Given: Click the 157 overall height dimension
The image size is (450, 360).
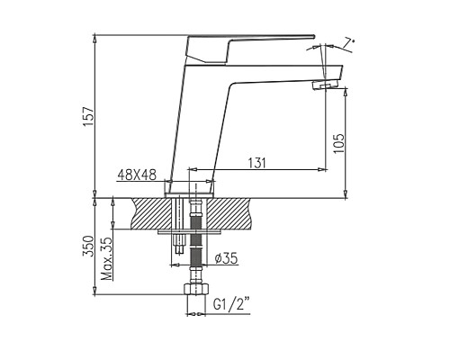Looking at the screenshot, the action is point(88,116).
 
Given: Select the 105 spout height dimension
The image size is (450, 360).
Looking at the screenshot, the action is point(339,143).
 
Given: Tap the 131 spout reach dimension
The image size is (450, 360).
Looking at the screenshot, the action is point(256,163).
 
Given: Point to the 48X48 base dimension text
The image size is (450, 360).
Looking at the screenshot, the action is point(137,175).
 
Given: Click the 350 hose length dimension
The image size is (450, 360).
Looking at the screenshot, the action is point(88,246).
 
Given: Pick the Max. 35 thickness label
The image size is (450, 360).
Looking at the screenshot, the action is point(107,258).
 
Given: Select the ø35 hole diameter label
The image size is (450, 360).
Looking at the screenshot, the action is point(227,258).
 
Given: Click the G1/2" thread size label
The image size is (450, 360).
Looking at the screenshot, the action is point(231,304).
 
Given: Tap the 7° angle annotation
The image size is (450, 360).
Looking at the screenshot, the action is point(349,42).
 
